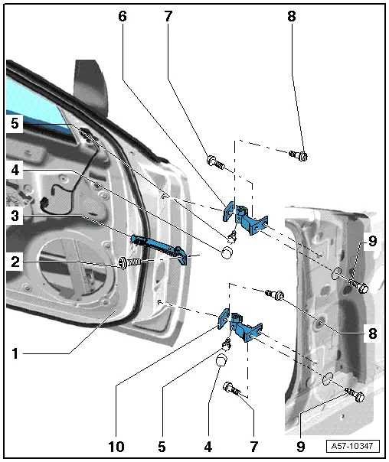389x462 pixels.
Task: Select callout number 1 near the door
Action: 15,353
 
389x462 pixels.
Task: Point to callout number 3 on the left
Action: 15,217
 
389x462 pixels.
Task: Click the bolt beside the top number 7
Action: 214,161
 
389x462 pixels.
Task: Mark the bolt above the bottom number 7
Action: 234,390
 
